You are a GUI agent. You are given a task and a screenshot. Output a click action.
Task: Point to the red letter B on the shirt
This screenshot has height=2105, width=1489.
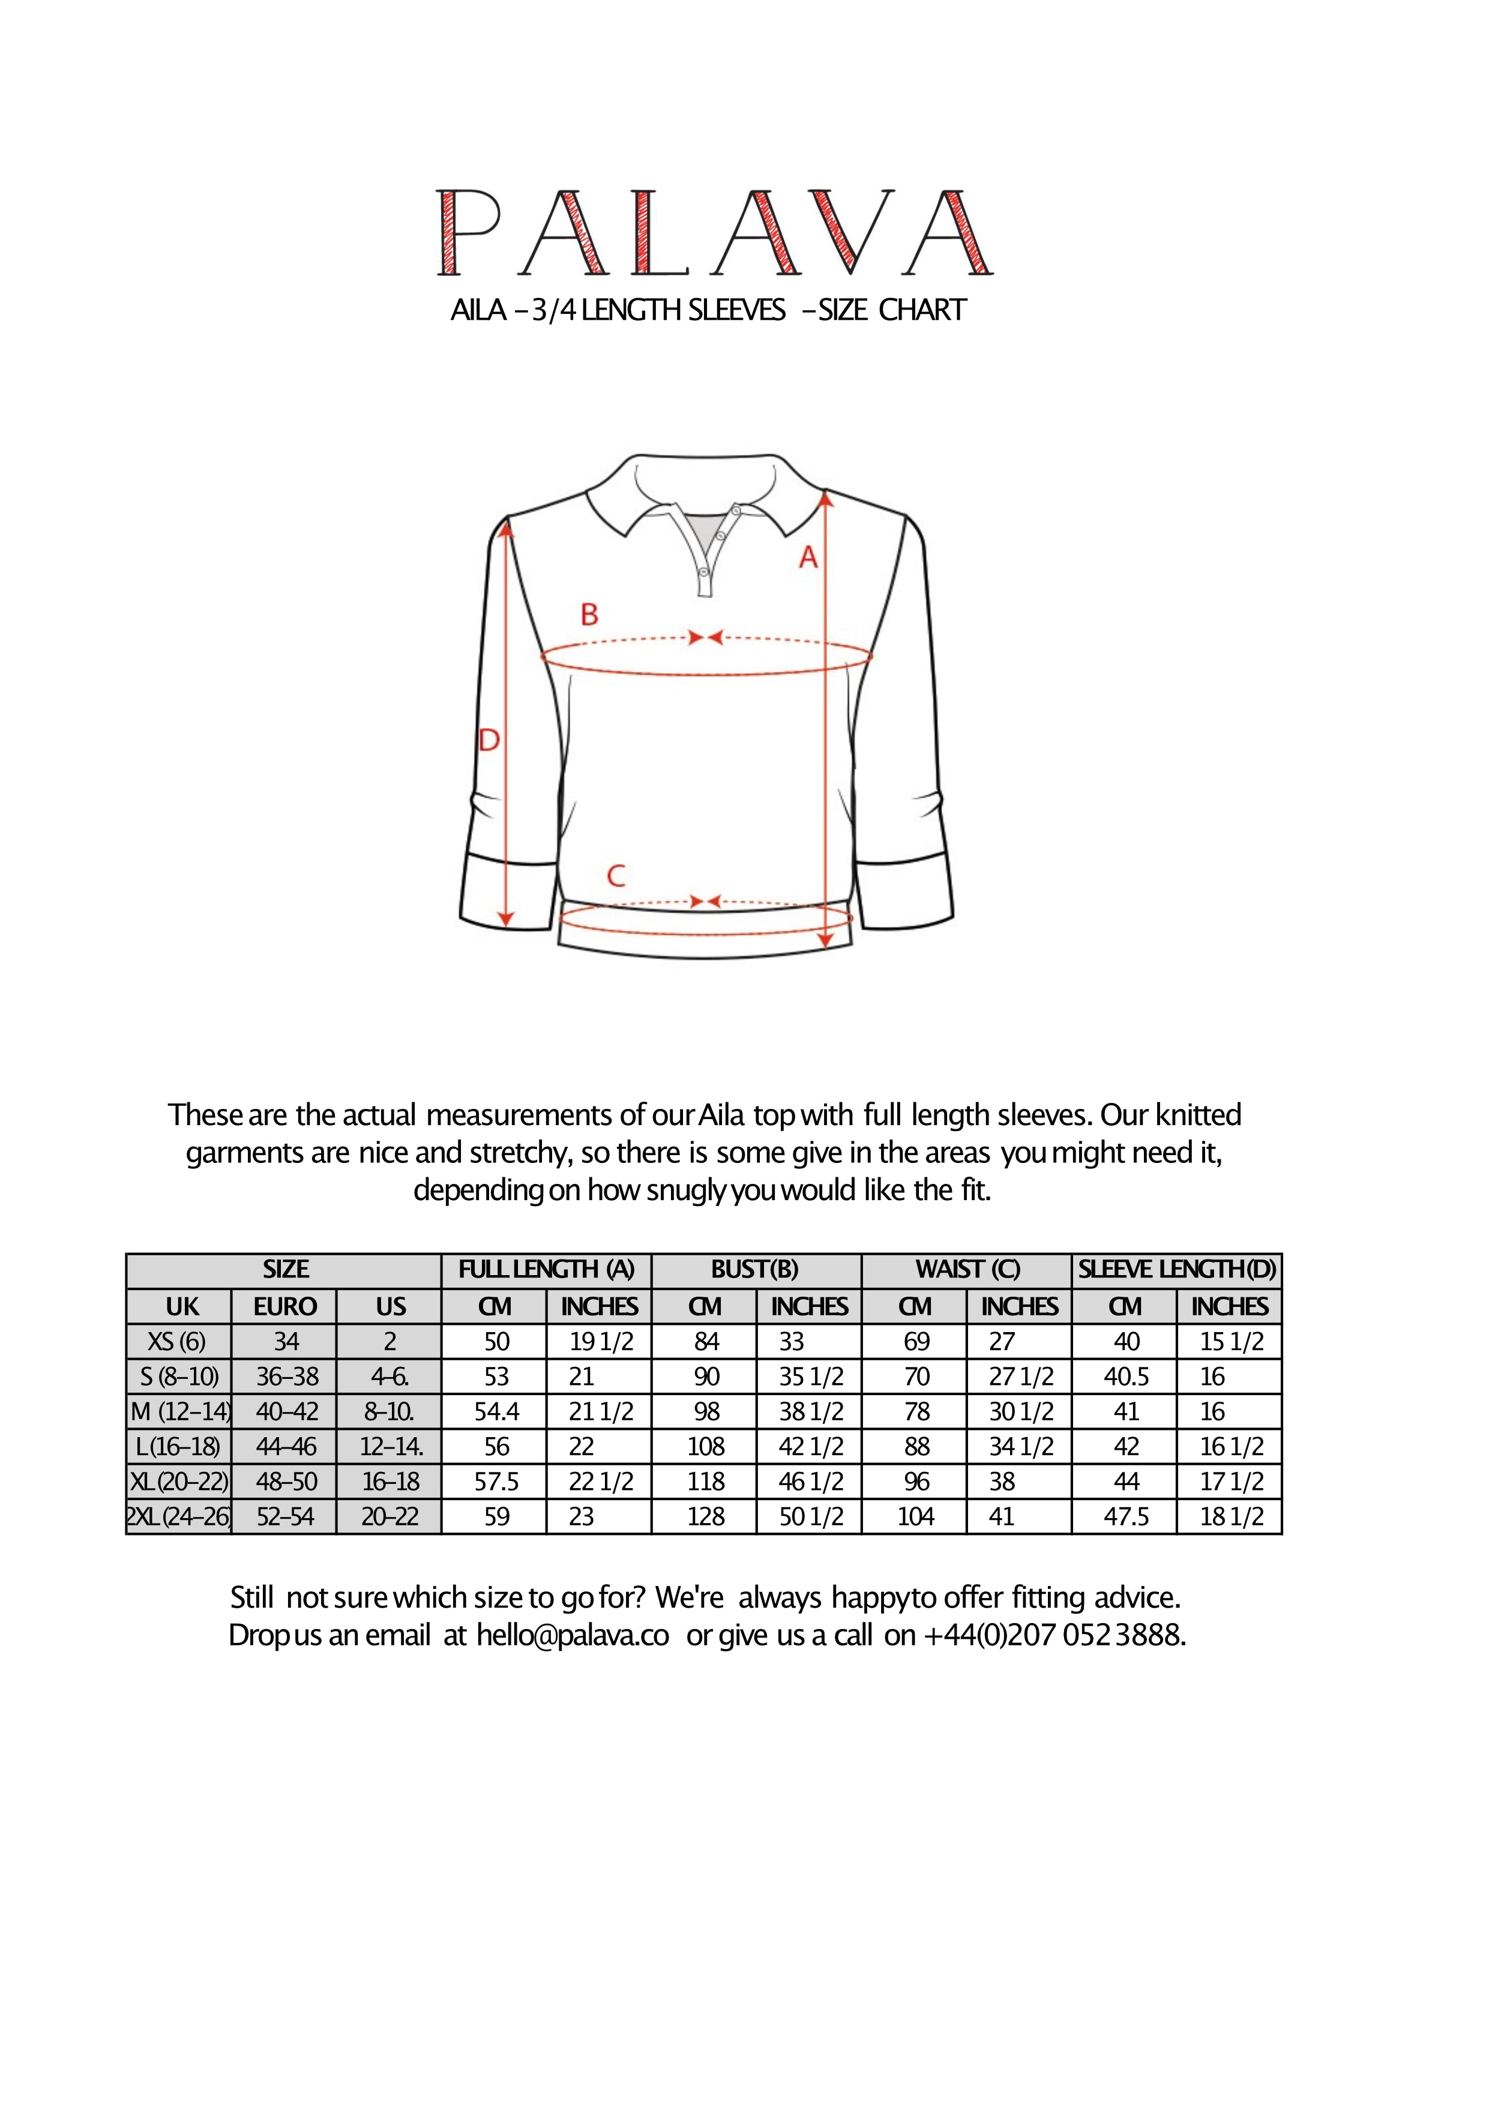589,615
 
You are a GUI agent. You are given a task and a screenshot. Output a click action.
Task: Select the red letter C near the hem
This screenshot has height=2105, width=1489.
616,877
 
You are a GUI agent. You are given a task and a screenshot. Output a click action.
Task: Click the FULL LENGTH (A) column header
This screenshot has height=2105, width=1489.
547,1270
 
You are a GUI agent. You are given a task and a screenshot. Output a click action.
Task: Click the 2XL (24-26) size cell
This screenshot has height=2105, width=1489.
179,1516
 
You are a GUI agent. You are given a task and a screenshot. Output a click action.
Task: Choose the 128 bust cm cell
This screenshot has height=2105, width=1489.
706,1516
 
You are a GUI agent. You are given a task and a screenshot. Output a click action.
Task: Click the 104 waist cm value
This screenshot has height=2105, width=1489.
915,1516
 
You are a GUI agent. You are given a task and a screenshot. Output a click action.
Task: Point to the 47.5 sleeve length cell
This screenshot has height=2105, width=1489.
1126,1516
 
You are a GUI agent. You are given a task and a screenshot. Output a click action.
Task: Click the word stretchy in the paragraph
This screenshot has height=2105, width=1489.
520,1153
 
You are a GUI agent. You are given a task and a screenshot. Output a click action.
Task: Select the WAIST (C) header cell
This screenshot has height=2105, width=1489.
967,1270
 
